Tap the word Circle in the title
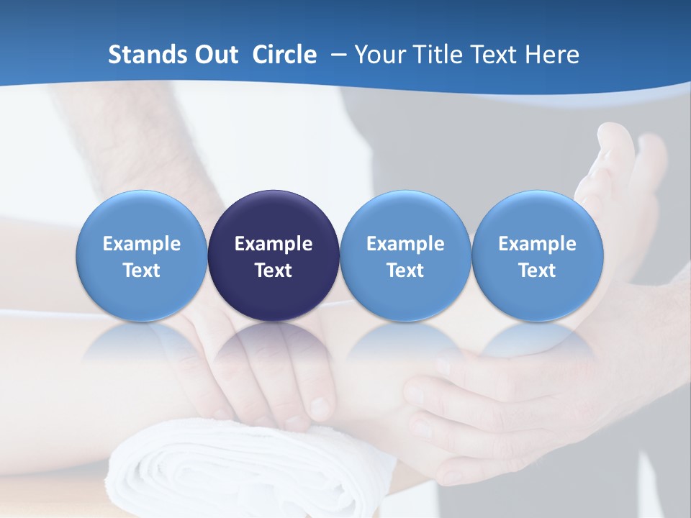(284, 55)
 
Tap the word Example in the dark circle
(274, 244)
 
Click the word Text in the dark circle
(274, 271)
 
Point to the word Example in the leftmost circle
(141, 244)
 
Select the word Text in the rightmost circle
(537, 271)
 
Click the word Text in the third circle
(405, 271)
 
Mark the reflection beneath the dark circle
(274, 345)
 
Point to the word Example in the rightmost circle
(537, 244)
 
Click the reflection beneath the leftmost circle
(141, 345)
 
